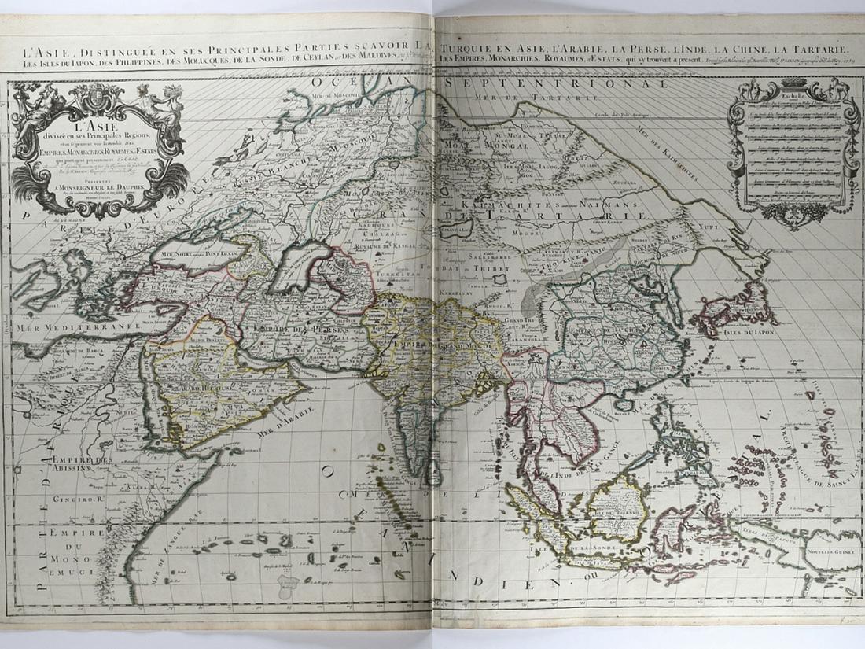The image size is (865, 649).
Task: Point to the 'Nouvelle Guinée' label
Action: point(829,551)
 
